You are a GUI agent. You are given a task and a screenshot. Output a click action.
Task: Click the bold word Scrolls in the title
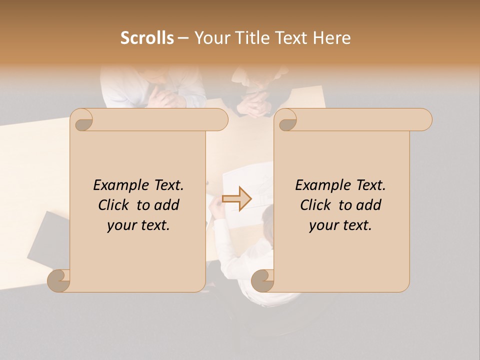pos(147,38)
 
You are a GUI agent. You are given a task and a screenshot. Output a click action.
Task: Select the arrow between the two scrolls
pos(236,198)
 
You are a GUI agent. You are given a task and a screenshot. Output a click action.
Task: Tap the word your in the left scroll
pos(120,226)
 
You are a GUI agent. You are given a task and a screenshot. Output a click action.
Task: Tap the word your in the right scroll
pos(322,226)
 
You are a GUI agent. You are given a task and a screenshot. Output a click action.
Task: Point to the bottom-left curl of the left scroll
pos(58,280)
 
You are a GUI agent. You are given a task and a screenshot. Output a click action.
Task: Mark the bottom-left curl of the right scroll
pos(261,280)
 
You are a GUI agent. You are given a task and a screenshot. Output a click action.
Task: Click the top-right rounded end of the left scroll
pos(220,119)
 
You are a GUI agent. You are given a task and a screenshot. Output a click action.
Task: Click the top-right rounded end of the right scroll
pos(424,119)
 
